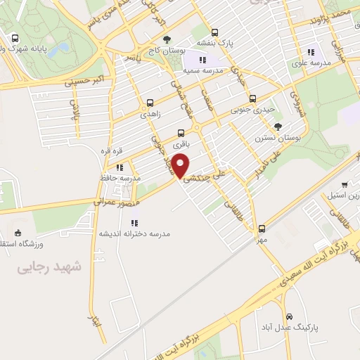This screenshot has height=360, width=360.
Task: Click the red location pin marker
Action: pyautogui.click(x=181, y=166)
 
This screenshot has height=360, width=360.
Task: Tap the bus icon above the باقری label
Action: pyautogui.click(x=181, y=132)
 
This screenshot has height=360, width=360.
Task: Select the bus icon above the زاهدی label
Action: pyautogui.click(x=150, y=102)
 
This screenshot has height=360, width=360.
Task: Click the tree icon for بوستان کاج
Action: pyautogui.click(x=167, y=39)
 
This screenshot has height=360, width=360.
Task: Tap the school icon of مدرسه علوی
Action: pyautogui.click(x=311, y=52)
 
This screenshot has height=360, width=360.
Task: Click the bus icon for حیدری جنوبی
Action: pyautogui.click(x=253, y=98)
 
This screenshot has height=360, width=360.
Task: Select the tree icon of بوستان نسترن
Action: pyautogui.click(x=278, y=127)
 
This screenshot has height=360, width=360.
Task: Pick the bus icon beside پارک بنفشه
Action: pyautogui.click(x=214, y=32)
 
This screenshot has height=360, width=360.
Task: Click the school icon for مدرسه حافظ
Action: pyautogui.click(x=120, y=167)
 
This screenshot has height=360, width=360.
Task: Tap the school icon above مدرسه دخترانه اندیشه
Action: pyautogui.click(x=134, y=223)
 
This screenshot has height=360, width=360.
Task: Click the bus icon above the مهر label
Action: pyautogui.click(x=262, y=229)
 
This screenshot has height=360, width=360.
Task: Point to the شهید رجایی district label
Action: pyautogui.click(x=49, y=267)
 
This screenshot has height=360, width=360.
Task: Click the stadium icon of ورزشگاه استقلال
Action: pyautogui.click(x=18, y=233)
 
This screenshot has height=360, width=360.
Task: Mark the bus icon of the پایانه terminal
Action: pyautogui.click(x=15, y=38)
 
